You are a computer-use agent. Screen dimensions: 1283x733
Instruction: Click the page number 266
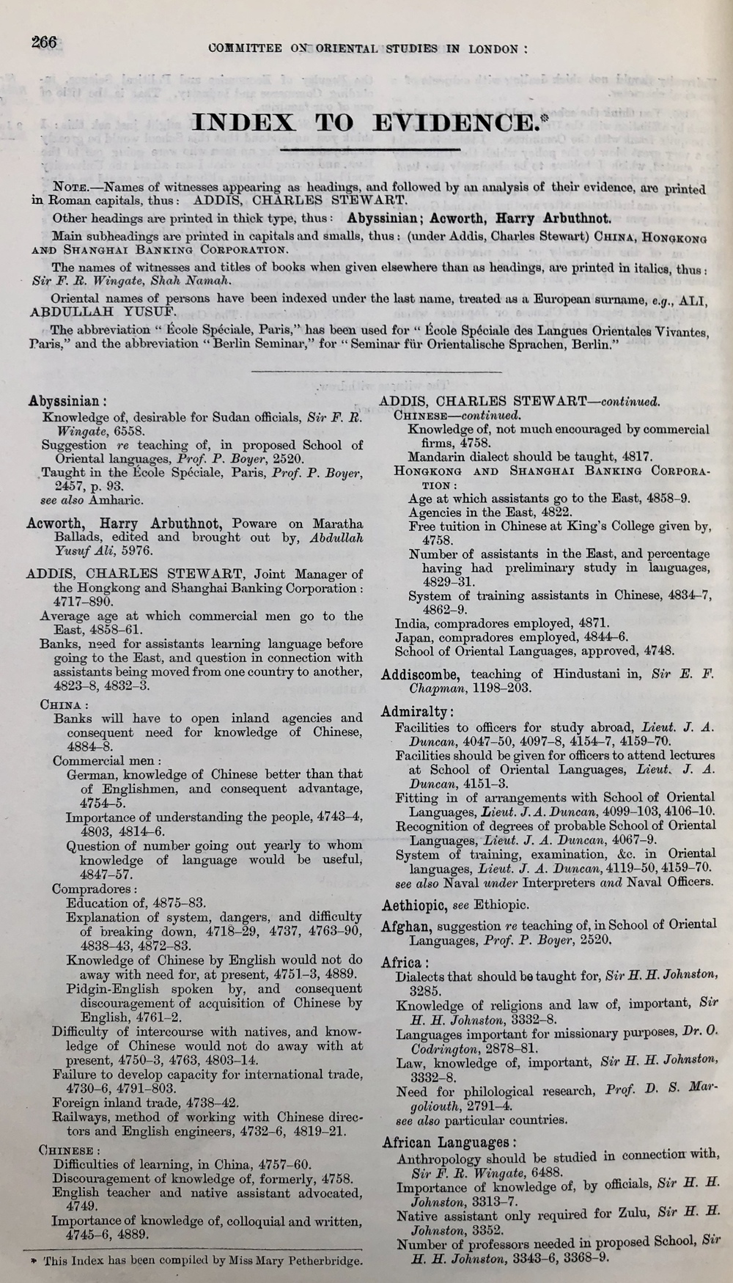click(x=43, y=42)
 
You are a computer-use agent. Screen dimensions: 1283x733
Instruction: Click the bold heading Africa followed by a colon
click(x=402, y=962)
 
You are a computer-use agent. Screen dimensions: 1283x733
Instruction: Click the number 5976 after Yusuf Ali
click(x=118, y=551)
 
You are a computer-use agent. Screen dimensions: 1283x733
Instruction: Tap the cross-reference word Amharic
click(x=122, y=501)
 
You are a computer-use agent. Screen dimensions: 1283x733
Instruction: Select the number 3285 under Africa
click(x=413, y=990)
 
